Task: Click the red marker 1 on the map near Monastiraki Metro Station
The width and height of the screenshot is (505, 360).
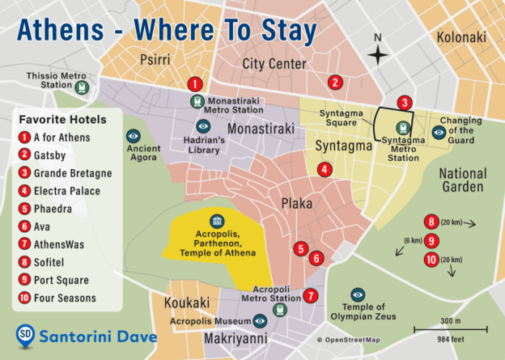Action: pos(194,83)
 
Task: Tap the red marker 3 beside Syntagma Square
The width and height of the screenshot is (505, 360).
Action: pos(405,103)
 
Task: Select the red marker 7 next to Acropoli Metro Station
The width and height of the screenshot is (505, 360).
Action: pos(312,295)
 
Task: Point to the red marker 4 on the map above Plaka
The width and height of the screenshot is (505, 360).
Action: pos(325,170)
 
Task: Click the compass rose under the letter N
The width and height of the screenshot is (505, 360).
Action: pos(378,55)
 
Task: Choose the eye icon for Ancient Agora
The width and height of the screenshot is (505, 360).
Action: pos(134,137)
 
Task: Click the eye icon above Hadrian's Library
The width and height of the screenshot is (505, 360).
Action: pos(204,126)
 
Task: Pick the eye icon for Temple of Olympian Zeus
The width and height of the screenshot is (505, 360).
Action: pos(358,294)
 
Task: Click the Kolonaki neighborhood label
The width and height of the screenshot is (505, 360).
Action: pos(460,37)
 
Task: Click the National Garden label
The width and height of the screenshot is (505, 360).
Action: pos(463,180)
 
